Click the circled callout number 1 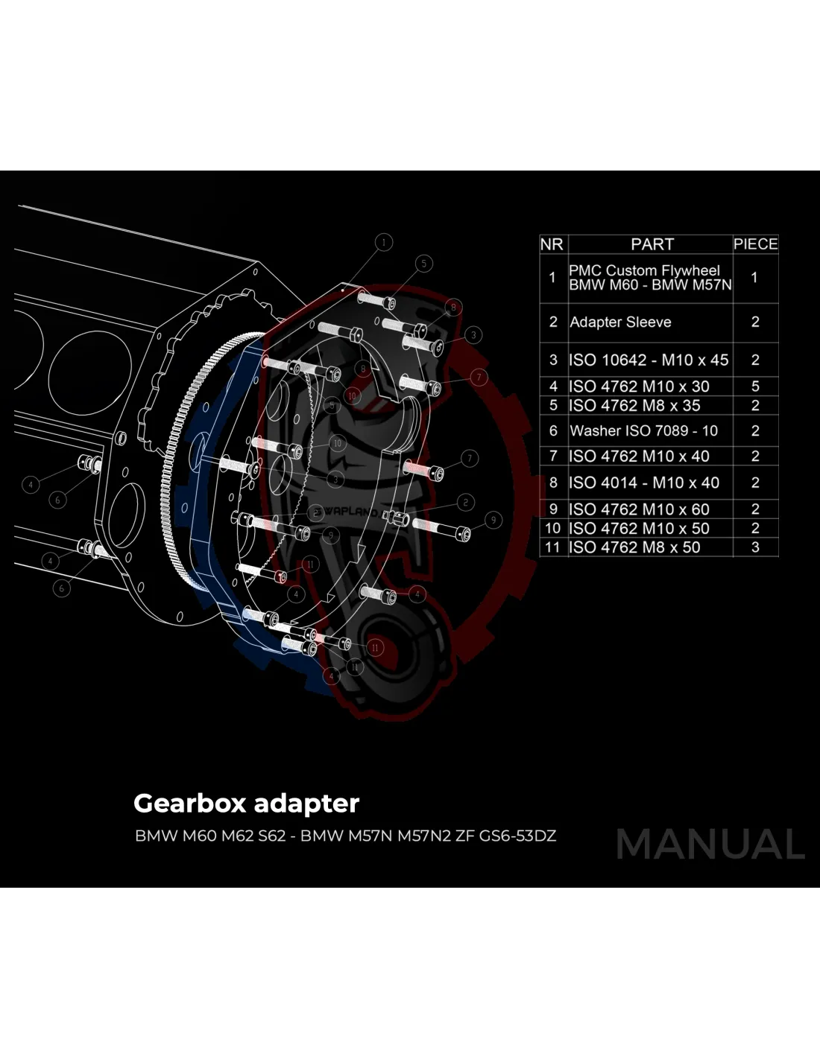pyautogui.click(x=384, y=242)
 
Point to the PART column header pyautogui.click(x=652, y=244)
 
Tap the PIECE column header pyautogui.click(x=755, y=244)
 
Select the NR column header pyautogui.click(x=552, y=244)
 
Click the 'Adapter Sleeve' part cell pyautogui.click(x=620, y=322)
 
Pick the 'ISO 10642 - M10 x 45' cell pyautogui.click(x=649, y=360)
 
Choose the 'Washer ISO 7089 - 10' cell pyautogui.click(x=643, y=431)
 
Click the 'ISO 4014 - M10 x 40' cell pyautogui.click(x=644, y=483)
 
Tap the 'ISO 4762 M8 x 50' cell pyautogui.click(x=634, y=547)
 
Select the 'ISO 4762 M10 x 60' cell pyautogui.click(x=639, y=509)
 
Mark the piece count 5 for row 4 pyautogui.click(x=755, y=387)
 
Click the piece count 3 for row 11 pyautogui.click(x=755, y=547)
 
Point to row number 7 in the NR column pyautogui.click(x=552, y=457)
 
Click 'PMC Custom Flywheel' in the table pyautogui.click(x=644, y=271)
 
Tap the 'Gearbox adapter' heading pyautogui.click(x=246, y=804)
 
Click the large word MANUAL pyautogui.click(x=710, y=845)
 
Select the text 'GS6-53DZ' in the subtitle pyautogui.click(x=517, y=836)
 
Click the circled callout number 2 pyautogui.click(x=465, y=503)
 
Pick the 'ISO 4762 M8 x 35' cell pyautogui.click(x=634, y=406)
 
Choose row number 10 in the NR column pyautogui.click(x=552, y=528)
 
